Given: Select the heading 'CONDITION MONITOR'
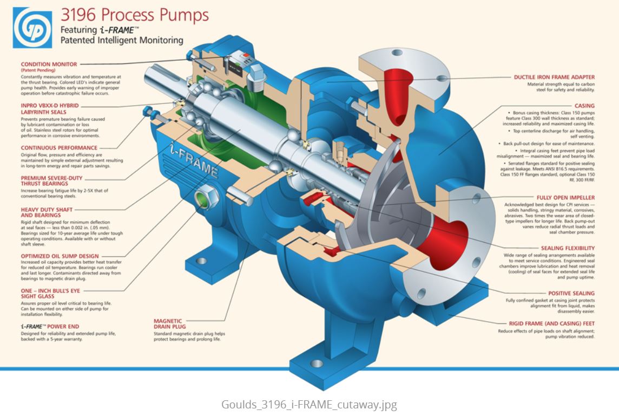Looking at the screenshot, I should tap(49, 64).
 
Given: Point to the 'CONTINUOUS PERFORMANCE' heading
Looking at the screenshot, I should tap(59, 147).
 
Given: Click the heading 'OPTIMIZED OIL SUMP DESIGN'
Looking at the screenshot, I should tap(60, 256).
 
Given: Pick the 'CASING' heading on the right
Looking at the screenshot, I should tap(584, 106).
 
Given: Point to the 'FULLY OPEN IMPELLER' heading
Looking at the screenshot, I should tap(565, 198).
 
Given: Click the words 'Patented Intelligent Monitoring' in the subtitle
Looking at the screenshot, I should tap(122, 40).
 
